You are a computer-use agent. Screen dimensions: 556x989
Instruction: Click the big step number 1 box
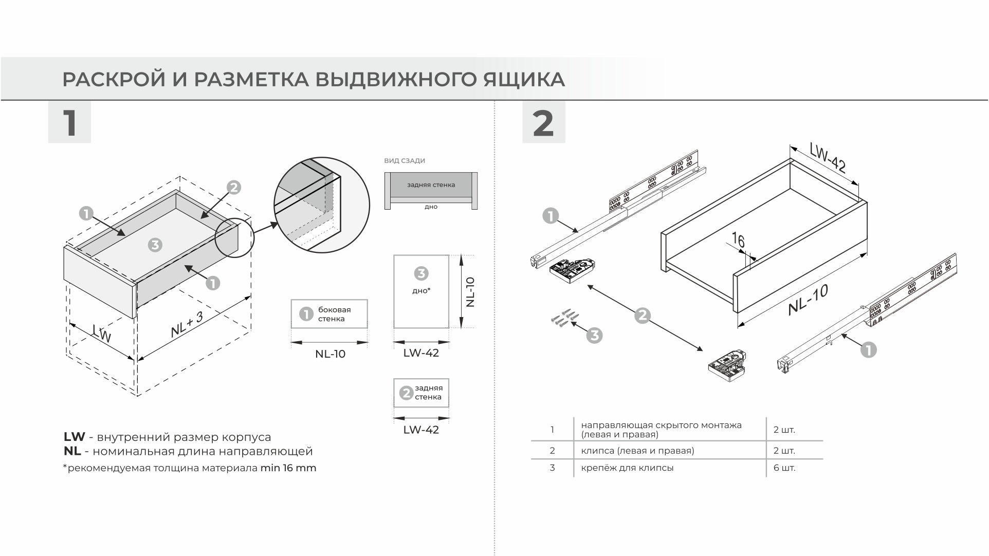(69, 122)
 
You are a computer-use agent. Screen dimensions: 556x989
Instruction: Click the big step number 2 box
(543, 122)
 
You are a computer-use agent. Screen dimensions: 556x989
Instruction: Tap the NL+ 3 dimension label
(187, 324)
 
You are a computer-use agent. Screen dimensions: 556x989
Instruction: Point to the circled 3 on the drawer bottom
(155, 245)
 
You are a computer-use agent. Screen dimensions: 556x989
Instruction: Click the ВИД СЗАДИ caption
(405, 161)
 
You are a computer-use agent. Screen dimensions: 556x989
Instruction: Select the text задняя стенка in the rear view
(431, 185)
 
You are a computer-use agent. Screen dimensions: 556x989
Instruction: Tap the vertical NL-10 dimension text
(470, 292)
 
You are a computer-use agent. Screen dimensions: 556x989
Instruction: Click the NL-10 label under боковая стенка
(330, 354)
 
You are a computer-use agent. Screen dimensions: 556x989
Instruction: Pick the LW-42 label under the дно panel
(421, 353)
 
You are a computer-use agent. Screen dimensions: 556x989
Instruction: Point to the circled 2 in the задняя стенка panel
(406, 393)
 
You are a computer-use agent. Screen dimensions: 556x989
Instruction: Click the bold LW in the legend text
(74, 437)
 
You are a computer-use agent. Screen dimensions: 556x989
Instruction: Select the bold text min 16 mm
(288, 468)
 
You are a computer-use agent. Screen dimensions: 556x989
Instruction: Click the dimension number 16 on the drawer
(738, 240)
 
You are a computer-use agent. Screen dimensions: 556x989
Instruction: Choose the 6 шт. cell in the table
(784, 468)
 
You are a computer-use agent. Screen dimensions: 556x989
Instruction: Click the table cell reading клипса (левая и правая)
(637, 451)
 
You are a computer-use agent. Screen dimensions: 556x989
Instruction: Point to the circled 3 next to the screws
(594, 336)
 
